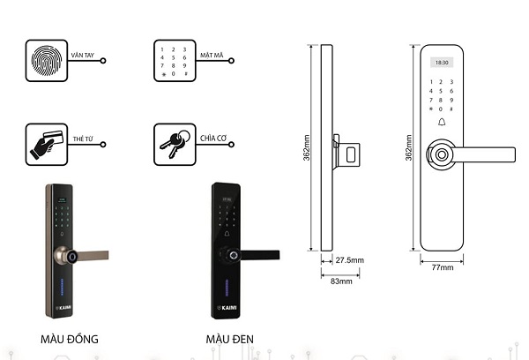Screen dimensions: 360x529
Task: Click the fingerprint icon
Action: click(x=48, y=60)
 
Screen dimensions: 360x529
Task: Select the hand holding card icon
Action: click(x=48, y=144)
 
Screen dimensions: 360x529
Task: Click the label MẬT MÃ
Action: click(x=212, y=54)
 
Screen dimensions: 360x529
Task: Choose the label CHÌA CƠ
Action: click(x=213, y=138)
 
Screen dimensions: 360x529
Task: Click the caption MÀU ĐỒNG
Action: click(x=70, y=339)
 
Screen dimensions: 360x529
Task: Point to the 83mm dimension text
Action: click(x=339, y=283)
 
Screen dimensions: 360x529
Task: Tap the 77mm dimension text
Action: click(x=443, y=266)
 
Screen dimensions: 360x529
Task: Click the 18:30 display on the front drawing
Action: click(x=443, y=63)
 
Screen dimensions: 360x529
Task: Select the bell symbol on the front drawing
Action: click(x=443, y=123)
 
